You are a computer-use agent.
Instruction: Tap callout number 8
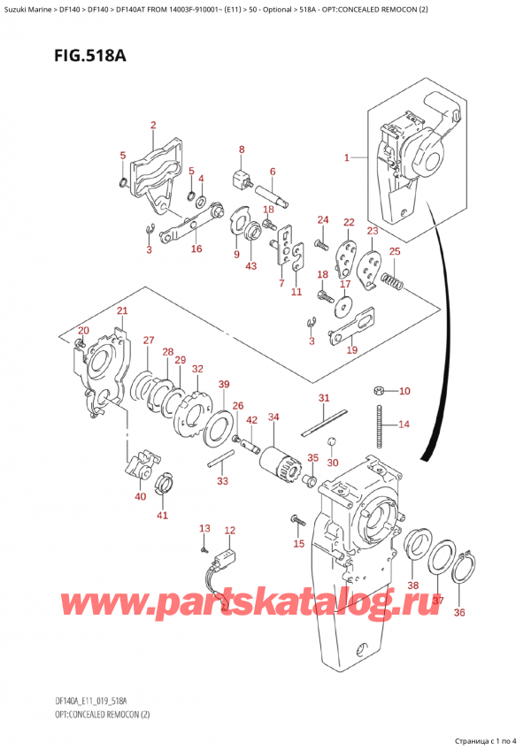pyautogui.click(x=241, y=149)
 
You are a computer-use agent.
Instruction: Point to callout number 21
pyautogui.click(x=122, y=310)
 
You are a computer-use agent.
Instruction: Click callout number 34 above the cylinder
pyautogui.click(x=273, y=417)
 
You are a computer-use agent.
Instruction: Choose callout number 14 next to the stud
pyautogui.click(x=404, y=425)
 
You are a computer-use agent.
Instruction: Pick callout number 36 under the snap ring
pyautogui.click(x=458, y=612)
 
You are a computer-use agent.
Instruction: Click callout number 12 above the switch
pyautogui.click(x=230, y=531)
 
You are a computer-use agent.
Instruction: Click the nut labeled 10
pyautogui.click(x=378, y=390)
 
